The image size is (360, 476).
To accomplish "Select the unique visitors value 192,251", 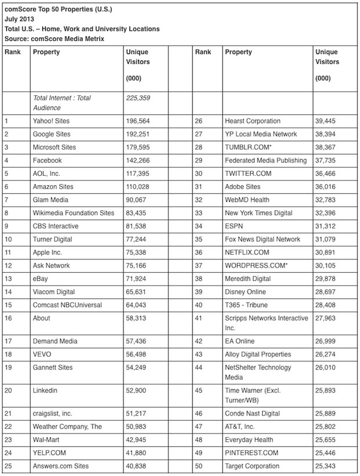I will point(138,134).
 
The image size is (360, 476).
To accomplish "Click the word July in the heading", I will point(13,19).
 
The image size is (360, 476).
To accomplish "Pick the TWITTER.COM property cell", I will point(248,174).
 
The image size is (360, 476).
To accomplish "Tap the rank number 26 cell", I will point(199,121).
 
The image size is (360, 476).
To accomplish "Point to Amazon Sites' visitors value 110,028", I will point(138,186).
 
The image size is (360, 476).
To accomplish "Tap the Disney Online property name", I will point(246,291).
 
